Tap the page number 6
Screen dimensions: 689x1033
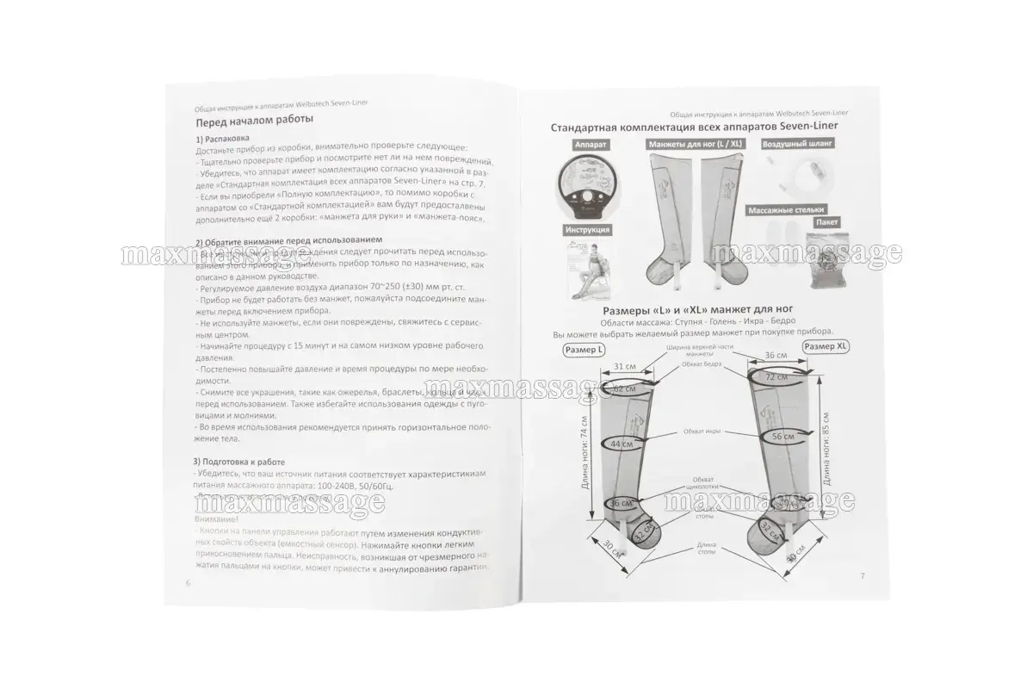188,582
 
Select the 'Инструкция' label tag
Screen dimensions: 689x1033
589,231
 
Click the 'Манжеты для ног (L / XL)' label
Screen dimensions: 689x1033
696,145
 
